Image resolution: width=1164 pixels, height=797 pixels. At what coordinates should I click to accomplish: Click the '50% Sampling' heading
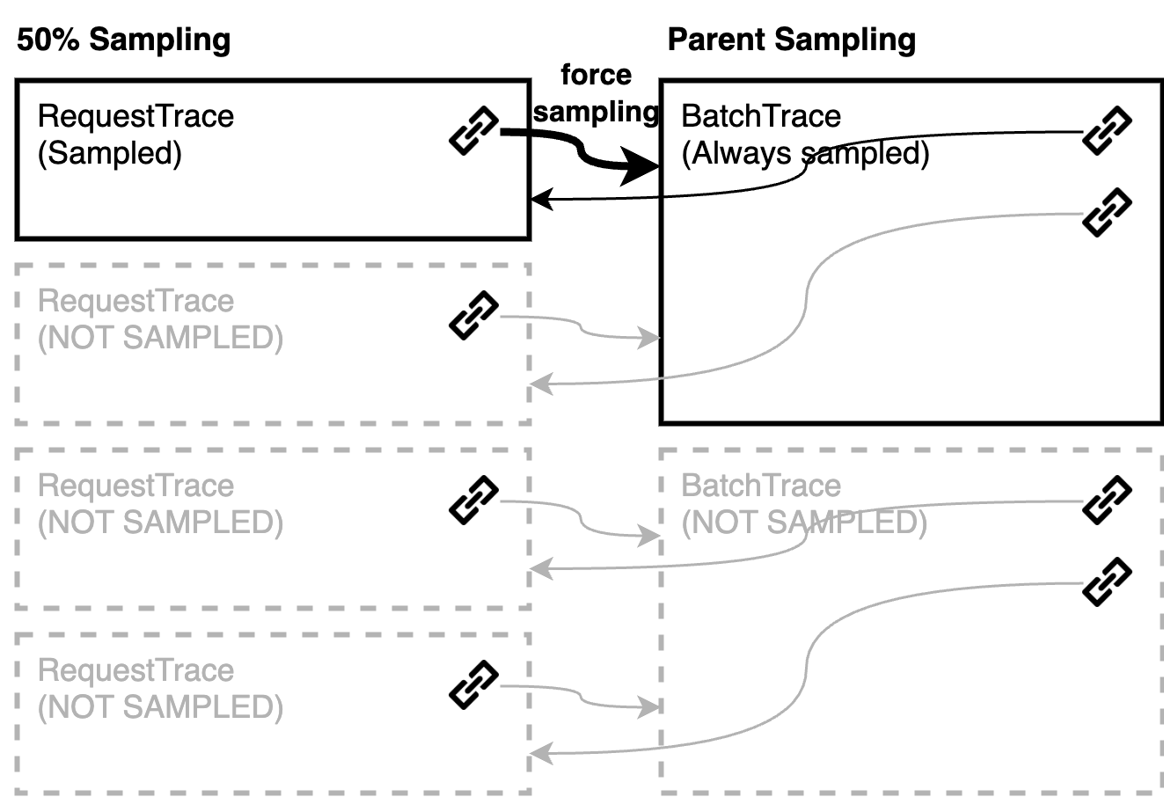[x=124, y=40]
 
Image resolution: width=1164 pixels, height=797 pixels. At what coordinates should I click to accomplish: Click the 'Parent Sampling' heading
[x=792, y=40]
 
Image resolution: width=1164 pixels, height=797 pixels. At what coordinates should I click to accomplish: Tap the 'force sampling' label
[x=596, y=93]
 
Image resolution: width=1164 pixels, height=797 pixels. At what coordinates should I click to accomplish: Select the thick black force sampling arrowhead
[x=639, y=166]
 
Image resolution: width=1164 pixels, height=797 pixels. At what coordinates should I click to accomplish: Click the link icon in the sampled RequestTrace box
[x=473, y=130]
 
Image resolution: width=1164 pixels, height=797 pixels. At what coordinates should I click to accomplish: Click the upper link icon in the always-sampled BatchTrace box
[x=1107, y=130]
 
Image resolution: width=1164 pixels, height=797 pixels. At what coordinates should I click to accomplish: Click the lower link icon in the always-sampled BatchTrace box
[x=1107, y=213]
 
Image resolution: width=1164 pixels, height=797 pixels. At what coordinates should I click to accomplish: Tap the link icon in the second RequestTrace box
[x=473, y=316]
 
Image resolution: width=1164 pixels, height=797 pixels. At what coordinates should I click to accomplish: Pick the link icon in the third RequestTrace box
[x=473, y=500]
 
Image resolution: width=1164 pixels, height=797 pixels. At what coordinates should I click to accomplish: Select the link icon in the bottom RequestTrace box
[x=473, y=684]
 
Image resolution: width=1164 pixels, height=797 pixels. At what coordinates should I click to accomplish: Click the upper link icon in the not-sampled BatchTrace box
[x=1107, y=500]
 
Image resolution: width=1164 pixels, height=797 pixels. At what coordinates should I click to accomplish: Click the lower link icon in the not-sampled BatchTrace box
[x=1107, y=581]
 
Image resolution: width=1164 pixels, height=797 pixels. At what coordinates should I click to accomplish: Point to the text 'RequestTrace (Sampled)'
[x=135, y=135]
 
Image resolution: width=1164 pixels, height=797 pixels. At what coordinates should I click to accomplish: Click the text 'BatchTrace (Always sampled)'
[x=805, y=135]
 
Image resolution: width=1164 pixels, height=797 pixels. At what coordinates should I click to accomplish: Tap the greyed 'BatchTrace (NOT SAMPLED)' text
[x=804, y=504]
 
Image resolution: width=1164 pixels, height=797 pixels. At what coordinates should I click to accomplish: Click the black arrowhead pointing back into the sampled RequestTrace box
[x=541, y=199]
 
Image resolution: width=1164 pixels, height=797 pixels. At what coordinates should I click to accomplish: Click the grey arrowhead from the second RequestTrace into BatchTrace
[x=649, y=338]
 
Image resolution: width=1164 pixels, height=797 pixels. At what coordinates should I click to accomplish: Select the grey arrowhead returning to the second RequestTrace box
[x=541, y=384]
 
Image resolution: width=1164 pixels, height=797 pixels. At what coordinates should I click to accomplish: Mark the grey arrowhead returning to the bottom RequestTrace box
[x=541, y=753]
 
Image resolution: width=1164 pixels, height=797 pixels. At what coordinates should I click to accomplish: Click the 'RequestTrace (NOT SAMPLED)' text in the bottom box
[x=161, y=689]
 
